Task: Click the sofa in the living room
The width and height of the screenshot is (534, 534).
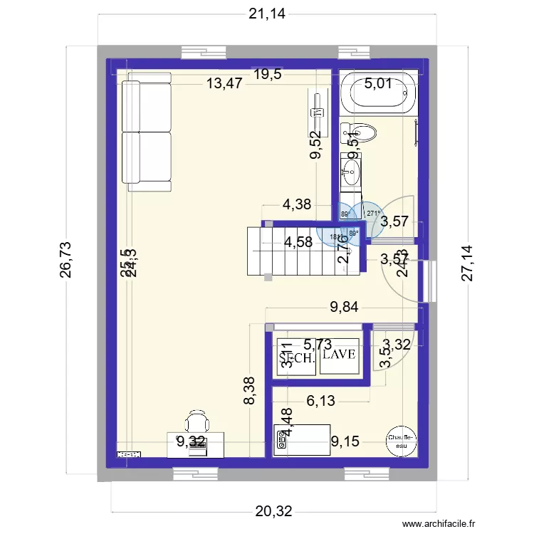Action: pos(147,135)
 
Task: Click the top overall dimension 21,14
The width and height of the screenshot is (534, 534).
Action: pos(267,14)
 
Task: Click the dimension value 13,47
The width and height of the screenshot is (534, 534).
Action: pos(225,83)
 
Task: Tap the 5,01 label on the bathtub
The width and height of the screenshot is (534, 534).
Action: pos(379,84)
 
